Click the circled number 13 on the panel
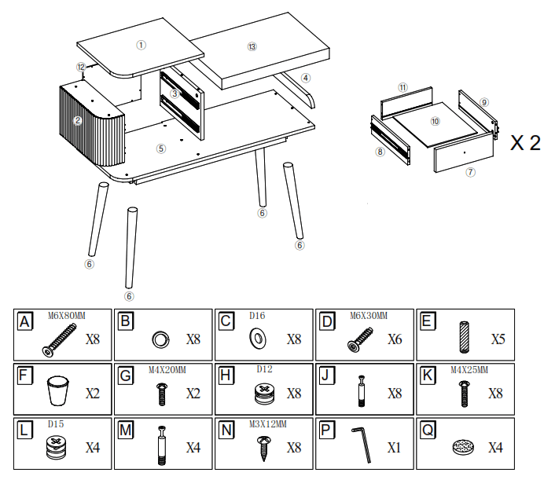252,46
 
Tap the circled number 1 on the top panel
141,45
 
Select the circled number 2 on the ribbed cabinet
78,120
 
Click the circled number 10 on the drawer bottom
435,121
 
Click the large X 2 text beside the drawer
525,142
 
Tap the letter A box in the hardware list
26,321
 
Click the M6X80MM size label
67,315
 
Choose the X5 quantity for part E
496,340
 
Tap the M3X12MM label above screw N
269,423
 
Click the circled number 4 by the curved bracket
306,78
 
